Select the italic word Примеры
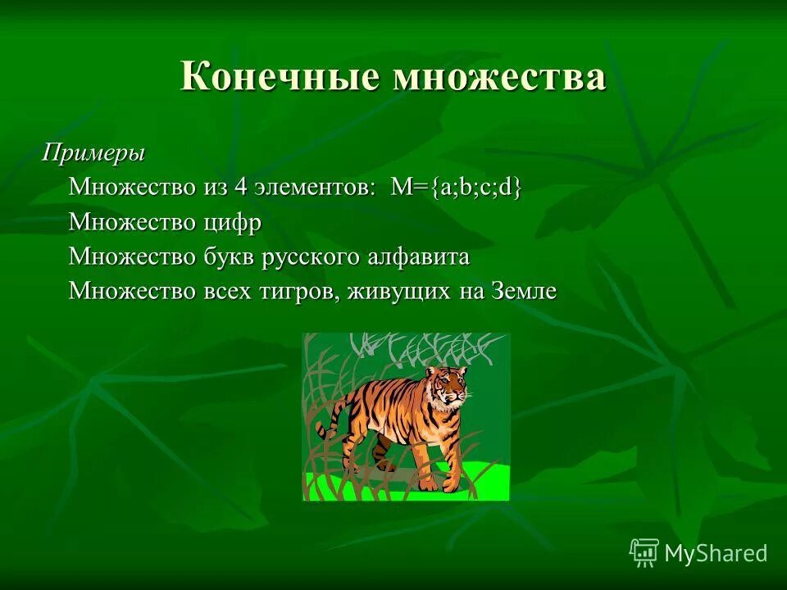point(94,152)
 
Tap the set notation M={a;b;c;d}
point(456,187)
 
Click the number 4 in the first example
point(240,187)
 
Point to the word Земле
point(524,292)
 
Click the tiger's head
point(446,387)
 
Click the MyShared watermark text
point(716,553)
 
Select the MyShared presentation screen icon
point(644,552)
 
